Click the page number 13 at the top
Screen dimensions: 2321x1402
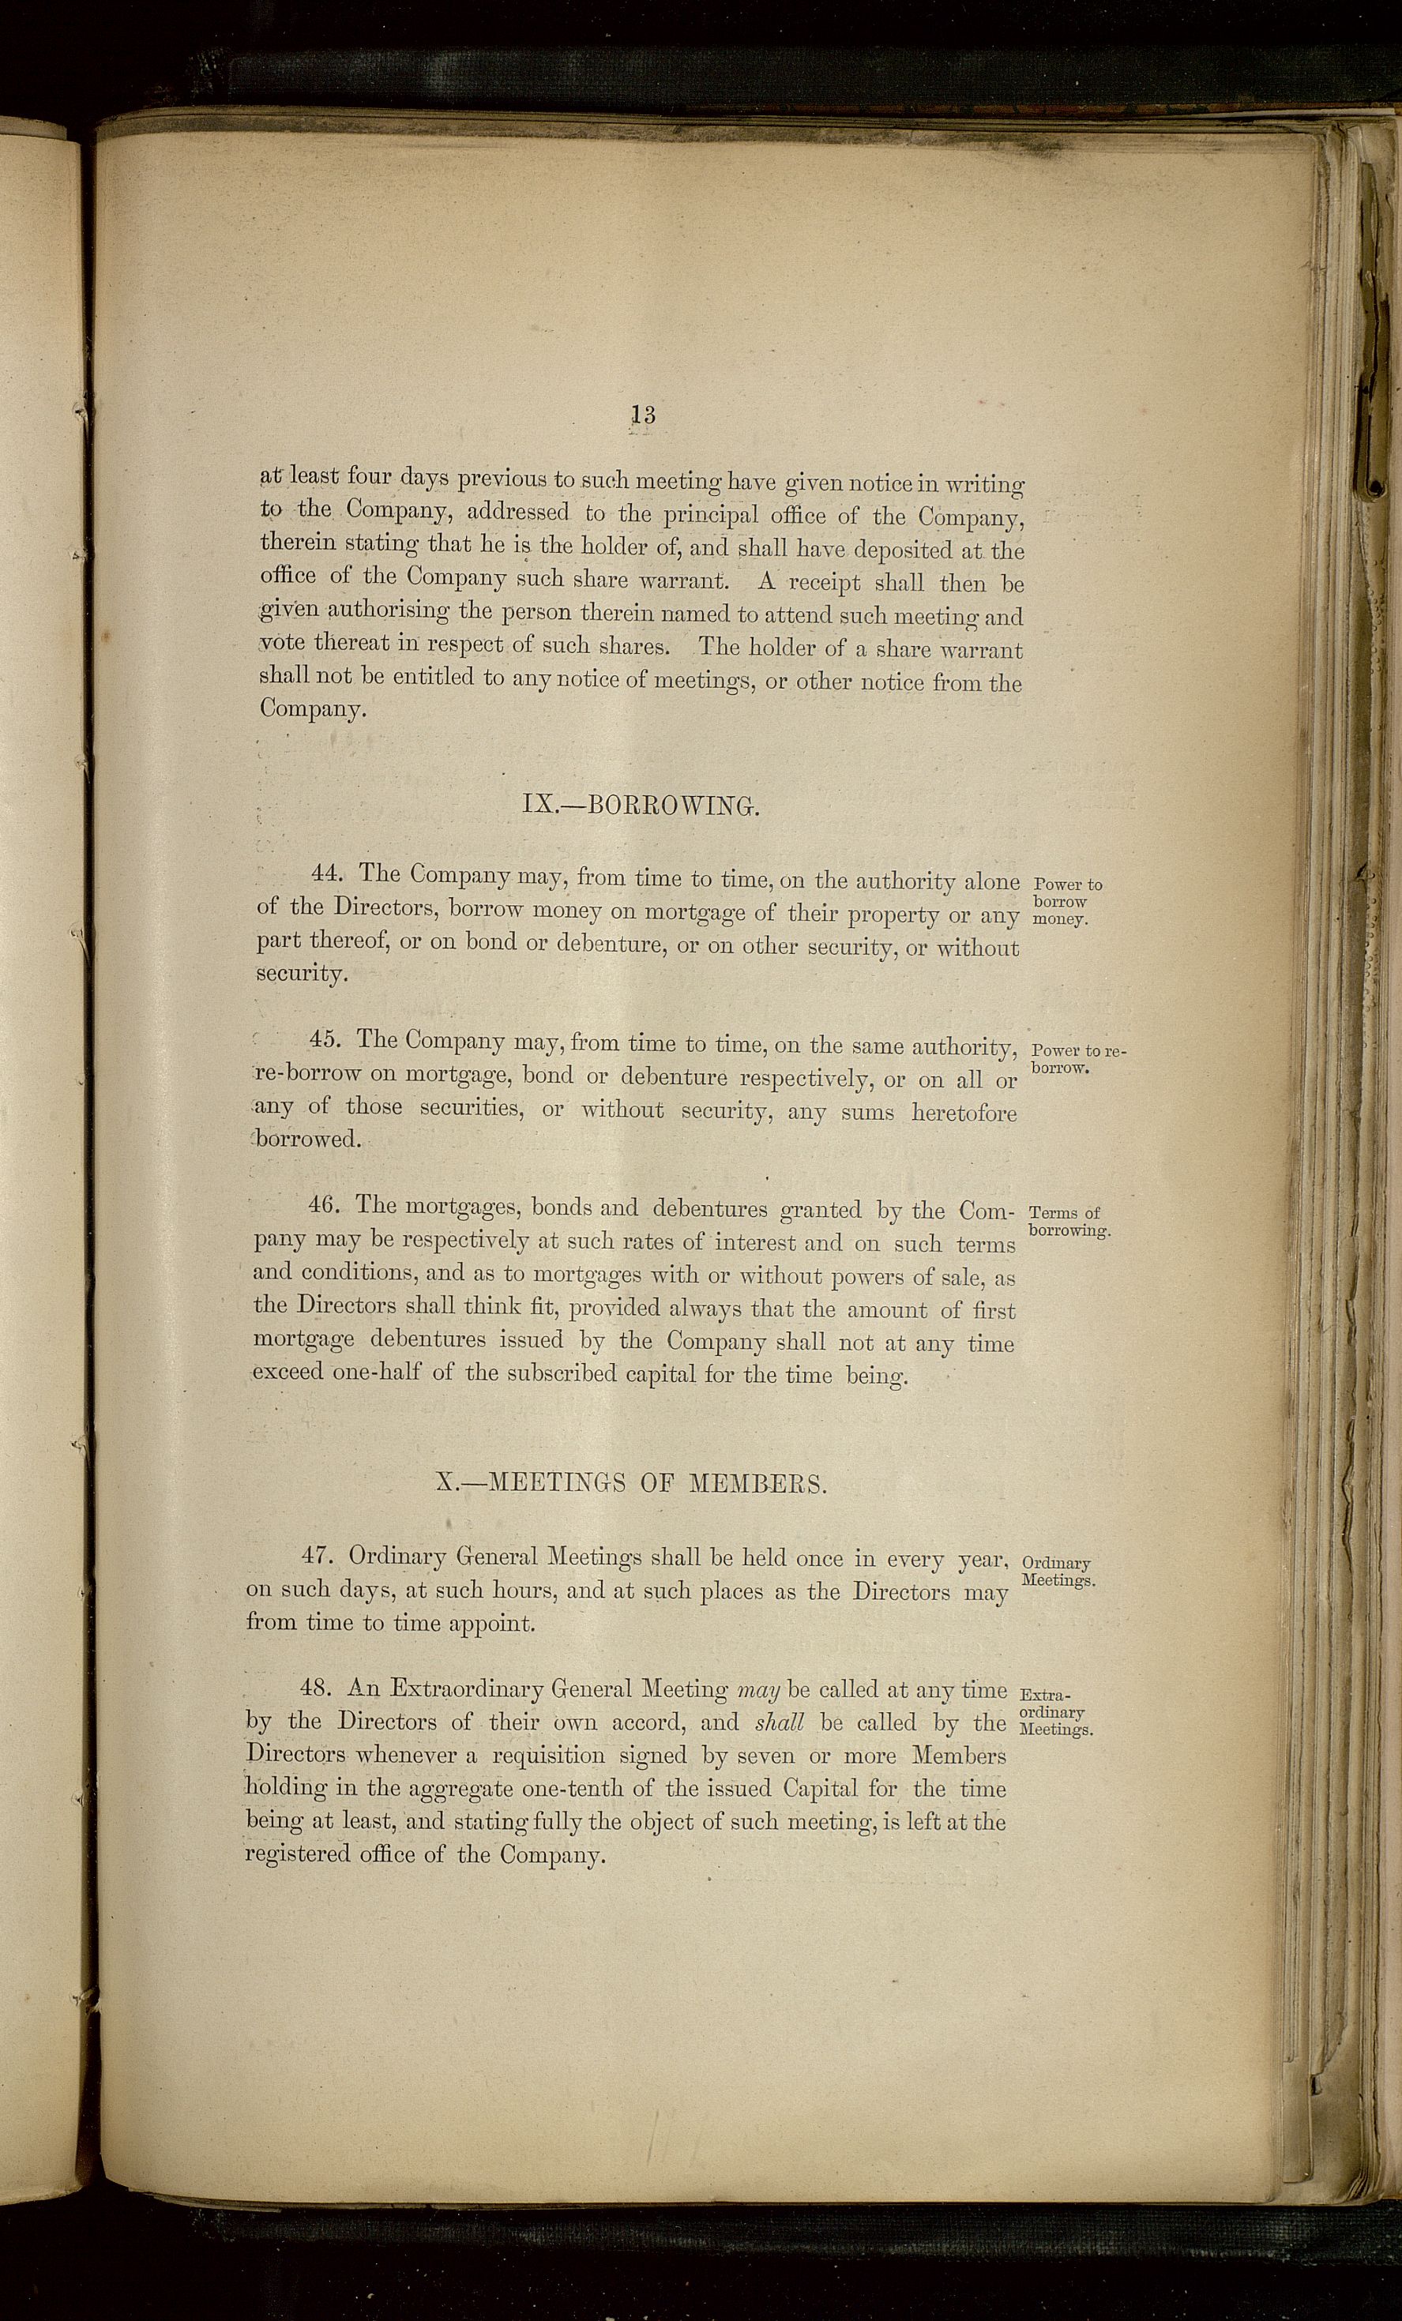(x=644, y=414)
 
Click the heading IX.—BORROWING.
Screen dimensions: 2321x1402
(x=640, y=806)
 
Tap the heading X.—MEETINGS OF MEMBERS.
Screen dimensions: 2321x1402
(x=632, y=1484)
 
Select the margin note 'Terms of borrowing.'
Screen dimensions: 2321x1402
(x=1069, y=1221)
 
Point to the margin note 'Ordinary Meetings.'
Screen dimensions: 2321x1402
(x=1057, y=1572)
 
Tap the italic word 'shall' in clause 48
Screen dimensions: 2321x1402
(x=780, y=1723)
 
